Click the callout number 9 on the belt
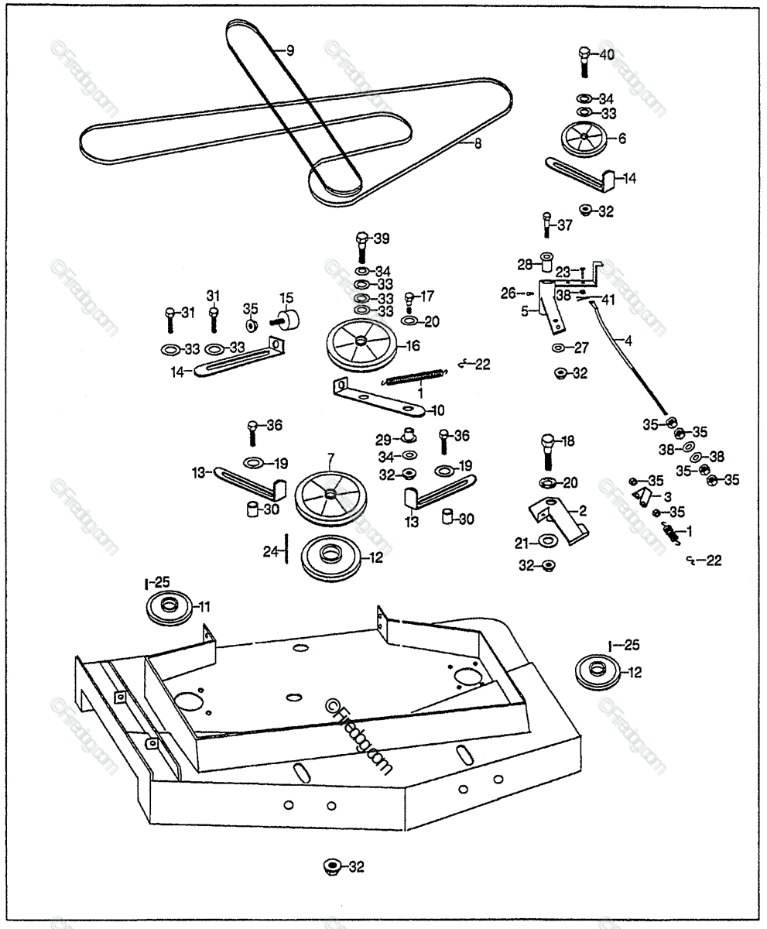tap(289, 51)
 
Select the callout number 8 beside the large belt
tap(478, 142)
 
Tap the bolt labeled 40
tap(584, 61)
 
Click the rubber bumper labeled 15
tap(290, 320)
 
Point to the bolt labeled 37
tap(546, 226)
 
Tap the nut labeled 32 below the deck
tap(332, 866)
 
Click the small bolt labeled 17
tap(410, 300)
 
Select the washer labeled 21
tap(546, 540)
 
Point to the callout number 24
tap(269, 552)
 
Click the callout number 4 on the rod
tap(628, 339)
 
